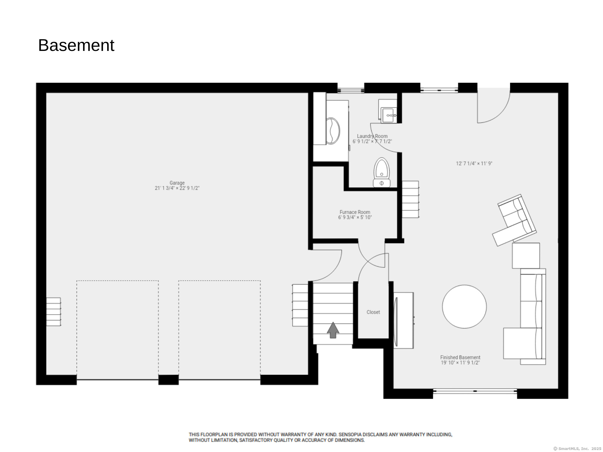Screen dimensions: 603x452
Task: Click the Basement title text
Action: [x=76, y=46]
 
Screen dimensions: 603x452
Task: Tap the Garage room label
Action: [x=177, y=183]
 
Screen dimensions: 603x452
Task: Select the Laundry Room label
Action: [x=372, y=136]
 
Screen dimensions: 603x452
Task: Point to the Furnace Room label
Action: [x=355, y=212]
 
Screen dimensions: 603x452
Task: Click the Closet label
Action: [x=373, y=312]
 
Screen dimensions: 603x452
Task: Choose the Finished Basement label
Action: [x=460, y=358]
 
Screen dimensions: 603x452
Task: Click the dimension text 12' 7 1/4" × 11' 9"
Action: [x=474, y=164]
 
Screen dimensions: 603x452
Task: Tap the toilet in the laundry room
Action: [x=382, y=172]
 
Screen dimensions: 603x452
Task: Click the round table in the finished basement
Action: [x=464, y=307]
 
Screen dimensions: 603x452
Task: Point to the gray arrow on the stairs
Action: [x=333, y=330]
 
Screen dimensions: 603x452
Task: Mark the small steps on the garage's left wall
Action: [x=54, y=312]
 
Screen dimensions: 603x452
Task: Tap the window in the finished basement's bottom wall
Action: [x=475, y=391]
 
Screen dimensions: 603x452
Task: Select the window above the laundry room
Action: [x=351, y=91]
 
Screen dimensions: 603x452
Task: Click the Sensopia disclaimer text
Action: [x=320, y=437]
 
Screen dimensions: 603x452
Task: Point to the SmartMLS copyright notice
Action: [x=577, y=449]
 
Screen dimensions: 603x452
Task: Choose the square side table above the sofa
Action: [x=526, y=255]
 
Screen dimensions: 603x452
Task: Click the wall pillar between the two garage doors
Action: [x=168, y=380]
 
